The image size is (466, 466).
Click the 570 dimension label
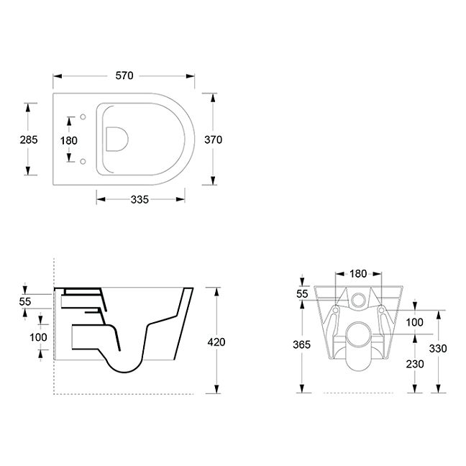coord(124,76)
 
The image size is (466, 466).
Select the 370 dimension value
coord(213,140)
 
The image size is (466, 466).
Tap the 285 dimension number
coord(29,140)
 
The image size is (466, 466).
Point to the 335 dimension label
coord(140,200)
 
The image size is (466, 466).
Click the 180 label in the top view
coord(68,140)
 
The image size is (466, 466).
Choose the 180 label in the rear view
coord(358,274)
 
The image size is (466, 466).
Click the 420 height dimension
coord(216,342)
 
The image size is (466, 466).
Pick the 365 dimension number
coord(301,344)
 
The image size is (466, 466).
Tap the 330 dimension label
coord(438,348)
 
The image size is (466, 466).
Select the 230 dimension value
coord(415,364)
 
